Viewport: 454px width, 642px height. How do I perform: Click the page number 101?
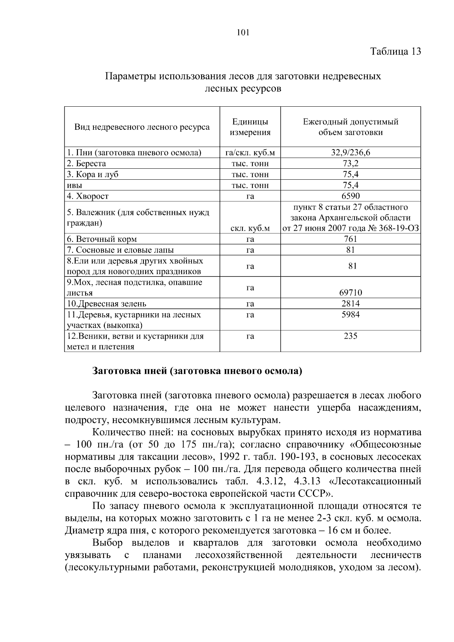point(243,33)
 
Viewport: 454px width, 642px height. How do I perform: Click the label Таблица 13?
point(395,51)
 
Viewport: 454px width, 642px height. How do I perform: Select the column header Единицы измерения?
point(250,127)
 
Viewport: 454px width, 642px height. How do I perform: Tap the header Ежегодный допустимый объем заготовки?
point(350,127)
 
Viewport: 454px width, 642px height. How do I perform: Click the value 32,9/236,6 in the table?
point(350,153)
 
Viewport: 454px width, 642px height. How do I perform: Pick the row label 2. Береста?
point(87,164)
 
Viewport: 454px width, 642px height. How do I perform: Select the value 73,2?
point(350,164)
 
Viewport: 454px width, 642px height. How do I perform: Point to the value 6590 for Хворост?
point(350,196)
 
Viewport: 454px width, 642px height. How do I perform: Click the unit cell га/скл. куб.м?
point(250,153)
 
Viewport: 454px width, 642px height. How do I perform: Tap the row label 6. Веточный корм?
point(102,239)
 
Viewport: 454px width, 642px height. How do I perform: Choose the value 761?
point(350,239)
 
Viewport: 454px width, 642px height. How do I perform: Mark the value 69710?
point(350,292)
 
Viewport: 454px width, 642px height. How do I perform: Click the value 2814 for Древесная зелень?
point(350,303)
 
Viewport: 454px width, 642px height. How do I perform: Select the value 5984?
point(350,314)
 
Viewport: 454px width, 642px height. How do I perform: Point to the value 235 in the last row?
point(350,336)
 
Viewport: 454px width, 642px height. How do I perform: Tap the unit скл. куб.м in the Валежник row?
point(250,229)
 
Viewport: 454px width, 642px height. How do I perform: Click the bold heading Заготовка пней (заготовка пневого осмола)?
point(197,371)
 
